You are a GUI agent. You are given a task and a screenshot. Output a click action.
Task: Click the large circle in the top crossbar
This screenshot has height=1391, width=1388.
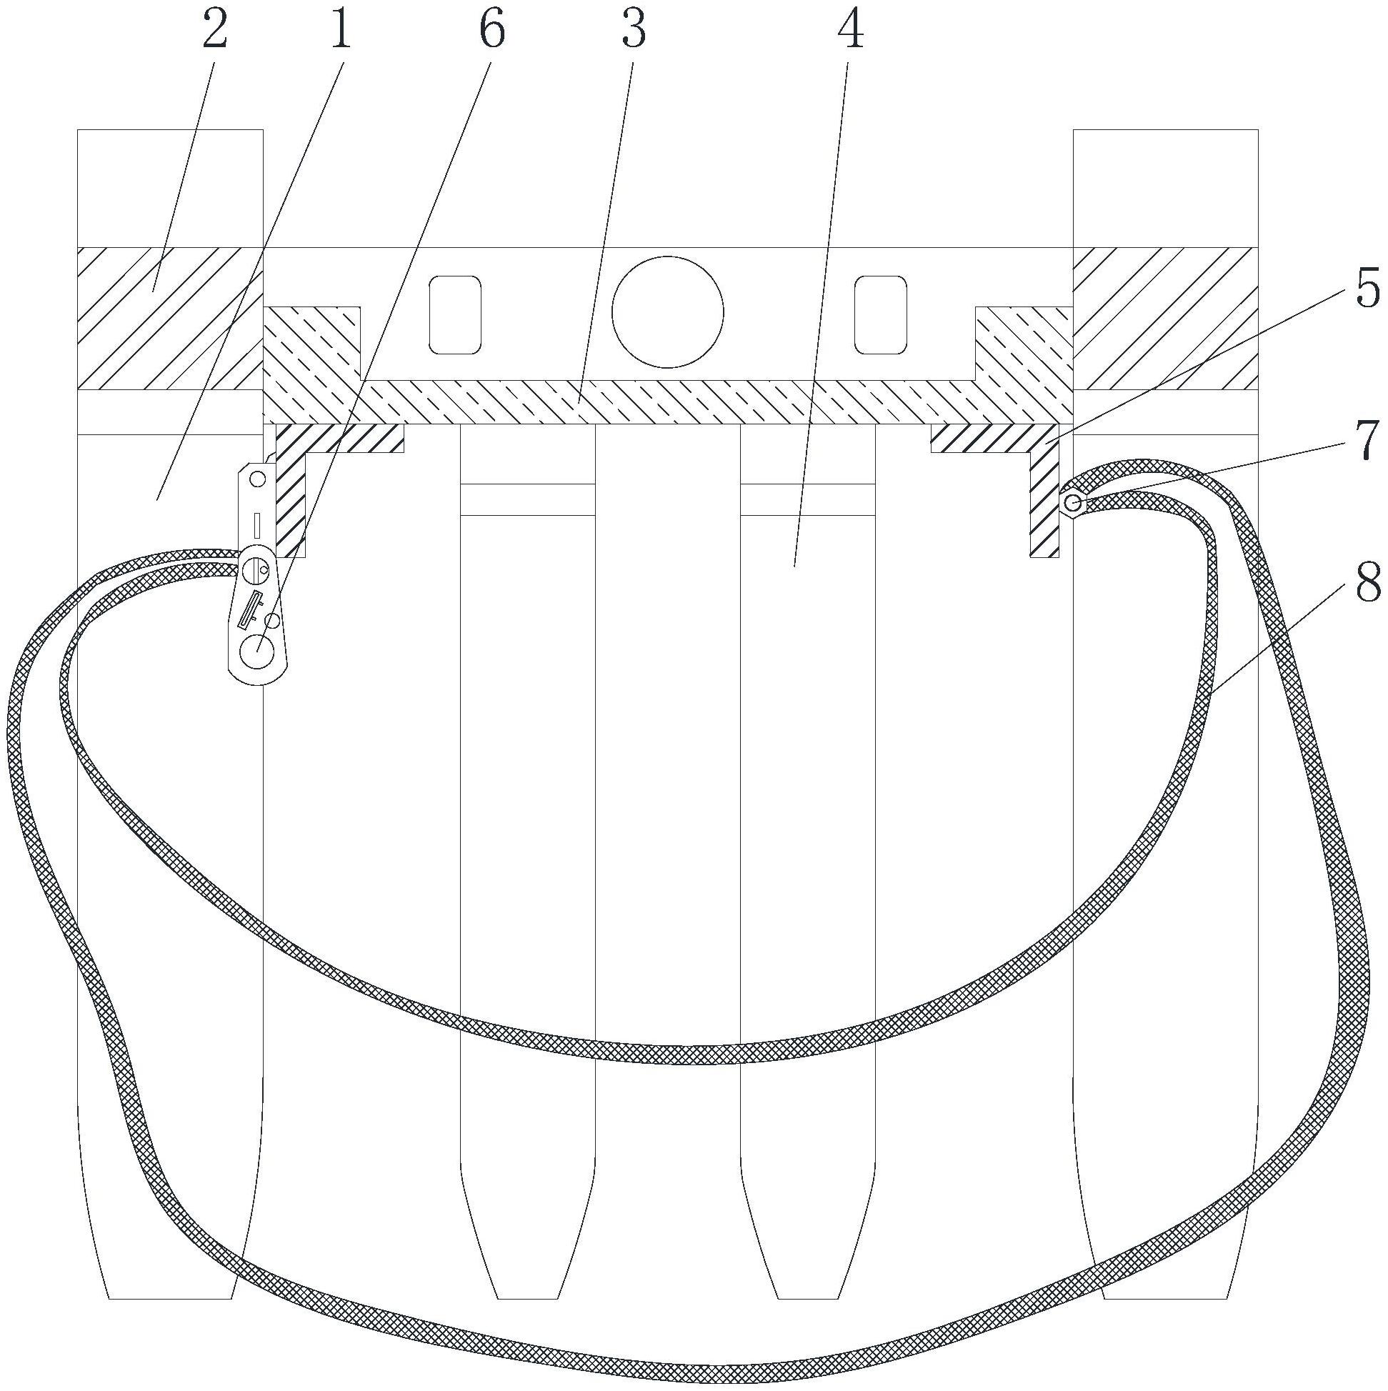[667, 312]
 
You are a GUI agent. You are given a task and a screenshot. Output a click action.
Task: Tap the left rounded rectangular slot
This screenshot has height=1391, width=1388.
[455, 314]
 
